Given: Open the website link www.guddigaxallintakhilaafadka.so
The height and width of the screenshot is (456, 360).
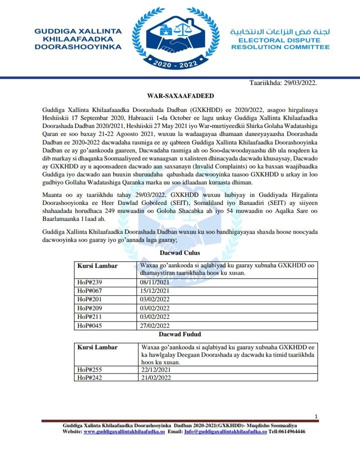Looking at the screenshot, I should tap(124, 432).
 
